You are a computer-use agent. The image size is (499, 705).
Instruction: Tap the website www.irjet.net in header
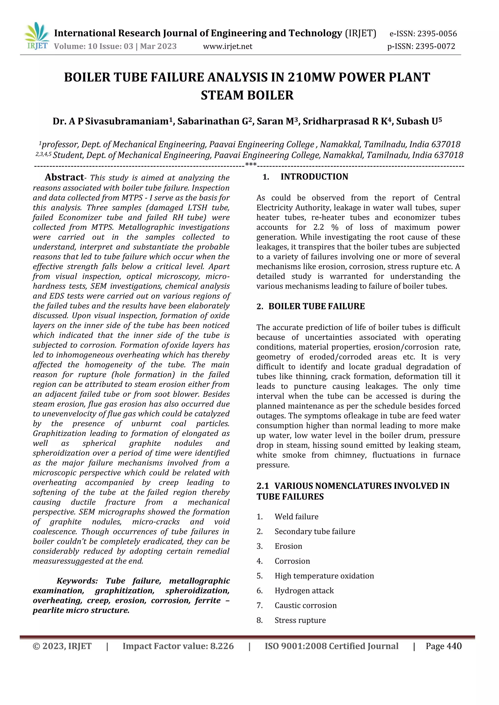point(228,46)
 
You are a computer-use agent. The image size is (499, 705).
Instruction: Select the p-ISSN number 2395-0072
point(435,46)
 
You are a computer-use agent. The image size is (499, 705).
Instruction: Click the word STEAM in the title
point(222,95)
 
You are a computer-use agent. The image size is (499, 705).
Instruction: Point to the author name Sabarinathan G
point(214,121)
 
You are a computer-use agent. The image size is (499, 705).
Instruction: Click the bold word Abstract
point(64,177)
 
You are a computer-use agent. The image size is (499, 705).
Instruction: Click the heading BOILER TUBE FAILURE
point(317,306)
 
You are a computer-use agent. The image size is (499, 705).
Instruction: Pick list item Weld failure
point(296,517)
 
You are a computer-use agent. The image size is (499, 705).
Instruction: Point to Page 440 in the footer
point(443,646)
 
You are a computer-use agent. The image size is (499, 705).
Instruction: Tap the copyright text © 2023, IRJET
point(62,646)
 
